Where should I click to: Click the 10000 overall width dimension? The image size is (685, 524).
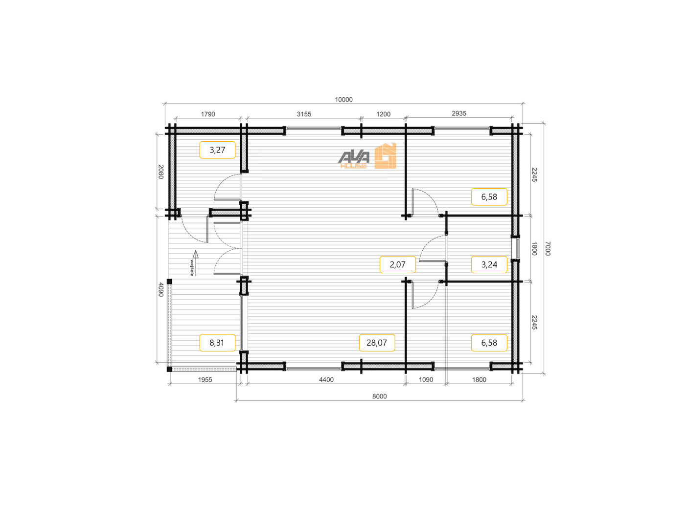tap(343, 100)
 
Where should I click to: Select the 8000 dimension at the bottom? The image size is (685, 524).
tap(379, 396)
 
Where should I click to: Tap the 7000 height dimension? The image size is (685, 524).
tap(548, 248)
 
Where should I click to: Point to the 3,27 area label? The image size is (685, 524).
tap(217, 150)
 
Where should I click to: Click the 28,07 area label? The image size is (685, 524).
tap(377, 343)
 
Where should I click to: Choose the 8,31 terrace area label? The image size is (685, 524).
tap(217, 343)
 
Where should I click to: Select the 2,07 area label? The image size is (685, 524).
tap(397, 264)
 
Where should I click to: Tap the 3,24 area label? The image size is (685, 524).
tap(489, 264)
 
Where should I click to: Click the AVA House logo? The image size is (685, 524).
tap(367, 156)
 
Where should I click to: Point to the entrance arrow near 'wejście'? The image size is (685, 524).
tap(195, 263)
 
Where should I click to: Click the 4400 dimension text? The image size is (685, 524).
tap(326, 379)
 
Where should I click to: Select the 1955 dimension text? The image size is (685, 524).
tap(205, 379)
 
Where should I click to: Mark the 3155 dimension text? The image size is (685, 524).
tap(304, 114)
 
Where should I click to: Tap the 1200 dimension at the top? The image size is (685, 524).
tap(383, 114)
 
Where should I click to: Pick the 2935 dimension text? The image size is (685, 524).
tap(458, 113)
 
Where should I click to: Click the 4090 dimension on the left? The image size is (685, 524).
tap(161, 289)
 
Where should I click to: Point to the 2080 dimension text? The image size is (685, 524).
tap(161, 172)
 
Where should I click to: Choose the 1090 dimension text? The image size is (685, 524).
tap(426, 379)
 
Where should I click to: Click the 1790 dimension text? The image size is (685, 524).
tap(208, 114)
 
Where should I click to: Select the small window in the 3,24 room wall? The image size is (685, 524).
tap(517, 248)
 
